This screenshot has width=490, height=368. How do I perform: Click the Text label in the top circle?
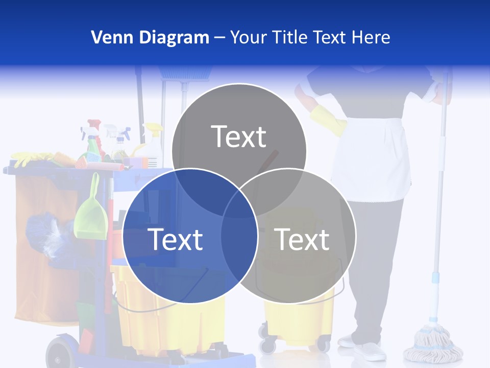[x=238, y=136]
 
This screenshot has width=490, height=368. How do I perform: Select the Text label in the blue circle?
[x=175, y=239]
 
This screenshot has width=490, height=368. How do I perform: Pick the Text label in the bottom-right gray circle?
[x=302, y=239]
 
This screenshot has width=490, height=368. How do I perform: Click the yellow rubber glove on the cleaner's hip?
[x=327, y=120]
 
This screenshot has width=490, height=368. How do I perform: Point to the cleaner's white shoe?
[x=370, y=351]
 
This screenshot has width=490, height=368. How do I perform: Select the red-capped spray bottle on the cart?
[x=94, y=138]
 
